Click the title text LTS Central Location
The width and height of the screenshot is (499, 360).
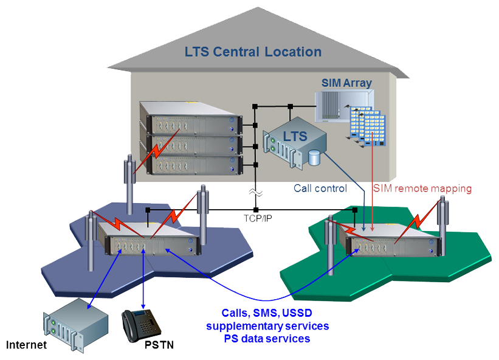click(253, 52)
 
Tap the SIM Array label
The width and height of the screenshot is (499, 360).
click(346, 83)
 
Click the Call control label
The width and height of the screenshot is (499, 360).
click(320, 189)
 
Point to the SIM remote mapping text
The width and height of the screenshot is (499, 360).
click(422, 189)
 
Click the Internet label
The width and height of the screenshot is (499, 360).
click(26, 345)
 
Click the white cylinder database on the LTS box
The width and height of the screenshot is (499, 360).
click(314, 157)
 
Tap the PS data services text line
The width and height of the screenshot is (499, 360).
click(267, 338)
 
